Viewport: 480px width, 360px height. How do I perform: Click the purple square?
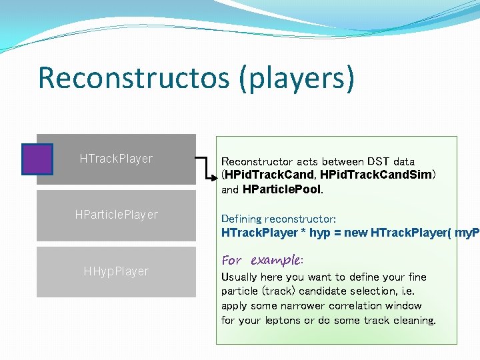(37, 159)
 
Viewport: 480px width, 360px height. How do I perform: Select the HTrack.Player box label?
(116, 159)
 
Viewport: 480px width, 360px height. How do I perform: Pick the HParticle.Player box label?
(116, 215)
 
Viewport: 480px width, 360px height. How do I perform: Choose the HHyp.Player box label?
(116, 271)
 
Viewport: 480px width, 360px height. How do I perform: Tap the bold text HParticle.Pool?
(283, 189)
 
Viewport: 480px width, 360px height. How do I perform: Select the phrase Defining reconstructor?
(279, 219)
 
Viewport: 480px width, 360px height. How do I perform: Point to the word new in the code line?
(356, 233)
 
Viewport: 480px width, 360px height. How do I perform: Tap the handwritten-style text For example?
(262, 260)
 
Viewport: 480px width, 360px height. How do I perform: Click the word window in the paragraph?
(403, 306)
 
